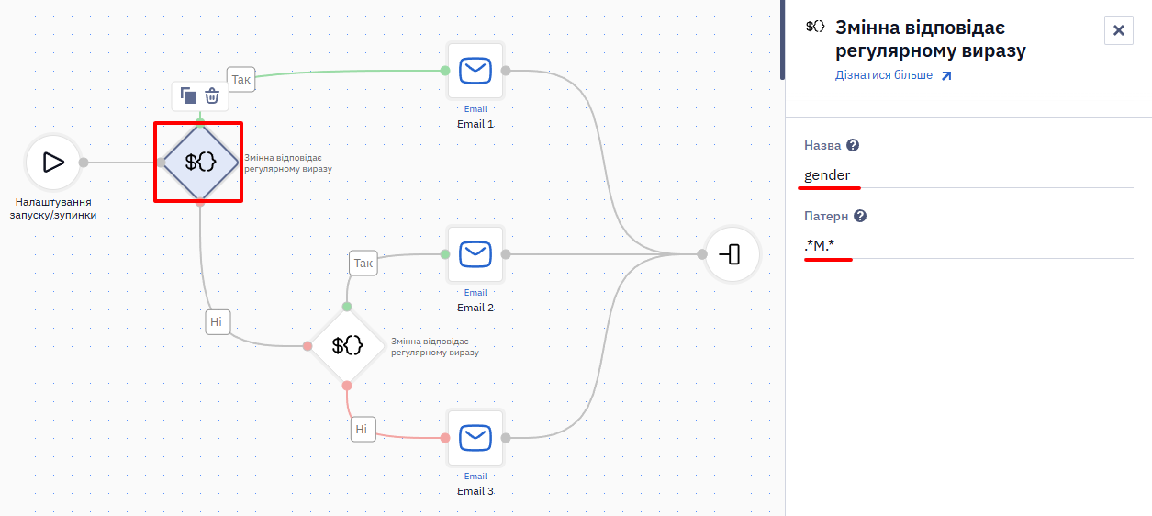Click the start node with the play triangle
[53, 163]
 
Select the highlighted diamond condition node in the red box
[200, 163]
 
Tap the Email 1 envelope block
[475, 71]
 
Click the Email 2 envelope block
[475, 254]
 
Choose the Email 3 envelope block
[475, 438]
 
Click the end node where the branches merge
[732, 254]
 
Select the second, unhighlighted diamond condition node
[347, 346]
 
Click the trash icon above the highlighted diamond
[212, 95]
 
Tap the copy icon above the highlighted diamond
[187, 95]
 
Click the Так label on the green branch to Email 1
[240, 79]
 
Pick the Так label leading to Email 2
[363, 263]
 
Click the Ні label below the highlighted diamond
[218, 322]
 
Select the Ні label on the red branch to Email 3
[363, 429]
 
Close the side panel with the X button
[1119, 30]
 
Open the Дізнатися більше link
[893, 75]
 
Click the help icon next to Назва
[853, 146]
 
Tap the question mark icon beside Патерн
[860, 216]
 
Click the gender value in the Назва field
[827, 175]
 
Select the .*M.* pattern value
[820, 246]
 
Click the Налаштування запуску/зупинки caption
[53, 208]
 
